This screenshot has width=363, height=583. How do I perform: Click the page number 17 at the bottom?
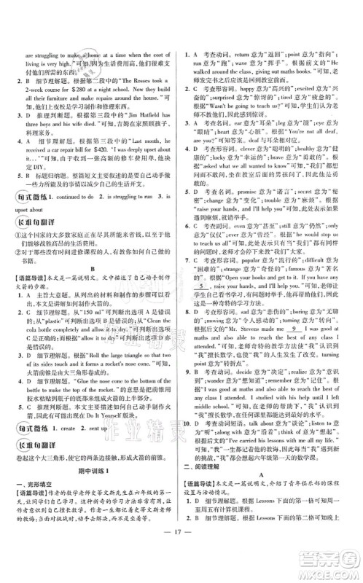181,564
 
